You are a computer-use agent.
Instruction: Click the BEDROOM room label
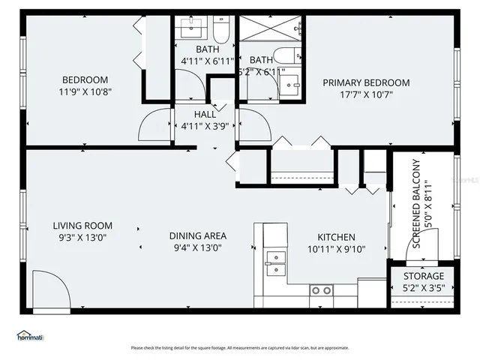coord(84,79)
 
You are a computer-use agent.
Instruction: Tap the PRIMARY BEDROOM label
coord(366,82)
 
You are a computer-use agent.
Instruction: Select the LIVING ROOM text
coord(82,225)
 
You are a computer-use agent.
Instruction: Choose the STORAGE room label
coord(424,276)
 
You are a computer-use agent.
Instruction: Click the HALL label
coord(205,114)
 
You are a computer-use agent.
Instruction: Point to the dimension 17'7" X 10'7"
coord(366,94)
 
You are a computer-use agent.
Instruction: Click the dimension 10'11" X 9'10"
coord(336,249)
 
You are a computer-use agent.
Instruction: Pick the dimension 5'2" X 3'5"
coord(424,288)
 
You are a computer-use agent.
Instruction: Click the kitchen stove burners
coord(322,289)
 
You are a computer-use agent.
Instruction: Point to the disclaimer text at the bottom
coord(240,348)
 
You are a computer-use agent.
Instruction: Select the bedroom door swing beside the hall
coord(156,124)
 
